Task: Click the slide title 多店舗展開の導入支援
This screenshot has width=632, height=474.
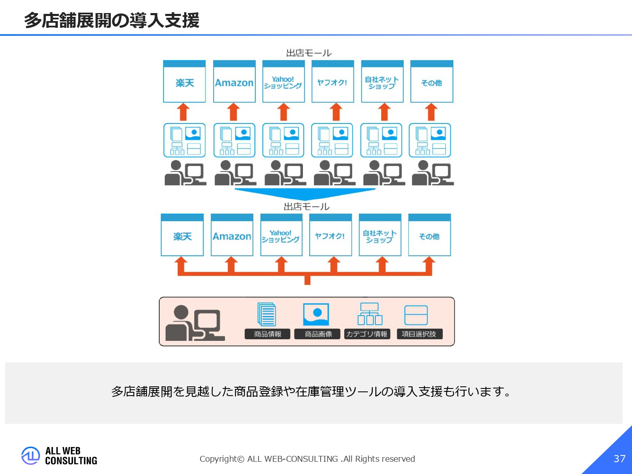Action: click(x=112, y=20)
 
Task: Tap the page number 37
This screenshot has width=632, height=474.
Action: click(x=619, y=458)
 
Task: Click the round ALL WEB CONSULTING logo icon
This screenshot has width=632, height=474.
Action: click(x=30, y=455)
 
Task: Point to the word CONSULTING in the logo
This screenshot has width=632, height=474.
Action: click(x=71, y=461)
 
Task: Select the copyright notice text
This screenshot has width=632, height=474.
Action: click(x=307, y=459)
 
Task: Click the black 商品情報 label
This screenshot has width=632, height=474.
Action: click(x=268, y=334)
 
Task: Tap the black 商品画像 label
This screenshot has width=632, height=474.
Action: click(x=318, y=334)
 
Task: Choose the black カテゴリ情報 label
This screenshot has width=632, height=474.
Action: click(x=367, y=334)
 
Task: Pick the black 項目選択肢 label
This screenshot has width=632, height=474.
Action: click(x=419, y=334)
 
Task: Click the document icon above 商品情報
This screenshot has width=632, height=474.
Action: click(x=267, y=314)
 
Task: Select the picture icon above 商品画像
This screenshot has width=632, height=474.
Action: click(x=316, y=314)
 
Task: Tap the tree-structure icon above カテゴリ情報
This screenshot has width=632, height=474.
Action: click(x=370, y=314)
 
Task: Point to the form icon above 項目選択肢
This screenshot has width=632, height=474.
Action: click(x=416, y=315)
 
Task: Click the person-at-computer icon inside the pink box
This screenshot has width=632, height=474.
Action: click(x=195, y=323)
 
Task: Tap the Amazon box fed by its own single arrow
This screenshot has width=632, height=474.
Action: click(x=234, y=82)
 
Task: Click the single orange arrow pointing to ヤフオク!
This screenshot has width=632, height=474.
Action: click(x=335, y=112)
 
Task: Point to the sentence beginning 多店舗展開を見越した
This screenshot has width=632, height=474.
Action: click(x=311, y=391)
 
